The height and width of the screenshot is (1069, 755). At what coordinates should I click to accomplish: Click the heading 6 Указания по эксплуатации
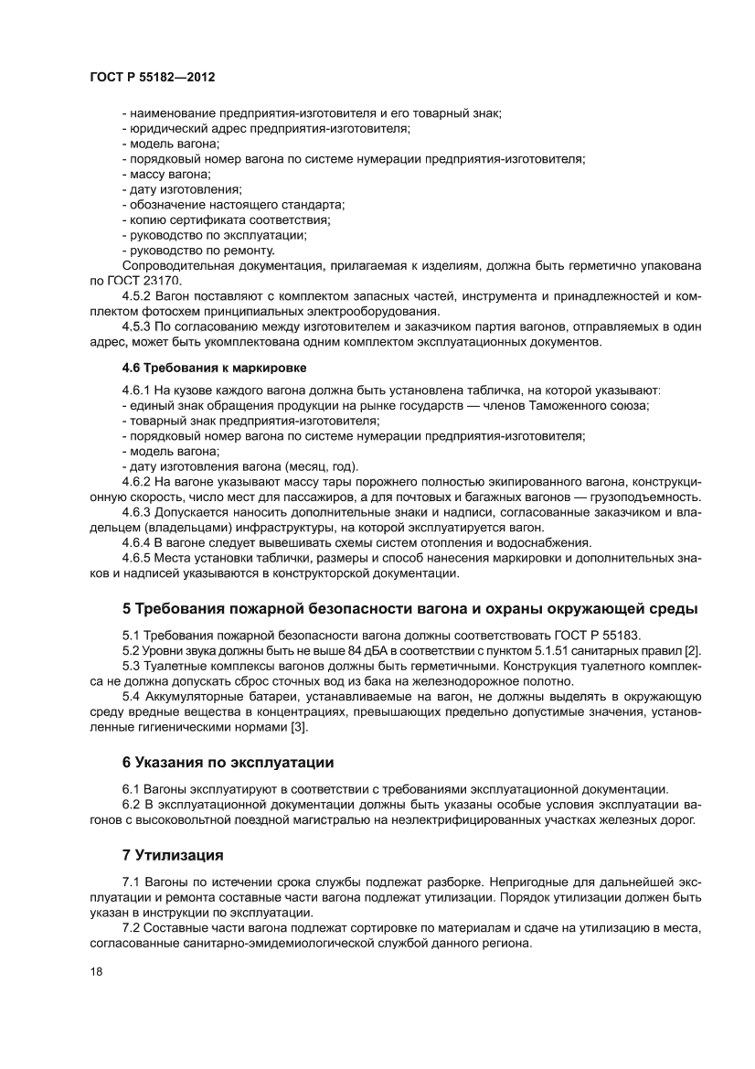(x=228, y=761)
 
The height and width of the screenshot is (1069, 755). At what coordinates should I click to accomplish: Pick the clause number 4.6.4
(x=137, y=542)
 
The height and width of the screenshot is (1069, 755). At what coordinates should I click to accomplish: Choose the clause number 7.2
(x=131, y=929)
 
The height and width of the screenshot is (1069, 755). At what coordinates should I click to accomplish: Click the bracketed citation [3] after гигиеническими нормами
(x=299, y=727)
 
